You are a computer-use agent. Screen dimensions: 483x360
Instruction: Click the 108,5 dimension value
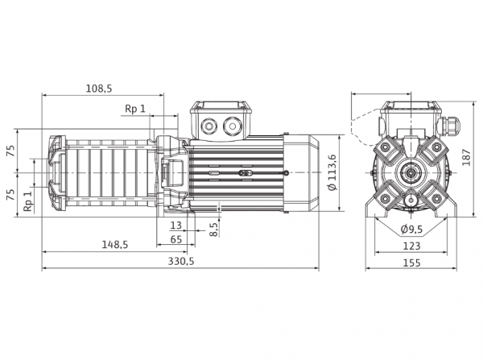99,89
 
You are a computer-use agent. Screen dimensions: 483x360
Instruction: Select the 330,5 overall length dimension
181,262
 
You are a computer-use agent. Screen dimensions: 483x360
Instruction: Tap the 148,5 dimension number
114,245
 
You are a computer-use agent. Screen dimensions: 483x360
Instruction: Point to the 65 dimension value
175,239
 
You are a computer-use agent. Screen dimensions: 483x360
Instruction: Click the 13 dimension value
175,226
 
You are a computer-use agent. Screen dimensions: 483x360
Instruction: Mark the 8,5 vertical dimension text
214,230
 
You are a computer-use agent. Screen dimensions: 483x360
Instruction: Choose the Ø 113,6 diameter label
332,172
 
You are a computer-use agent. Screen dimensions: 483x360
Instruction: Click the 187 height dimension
467,158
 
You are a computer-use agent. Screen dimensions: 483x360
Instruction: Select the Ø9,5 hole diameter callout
411,229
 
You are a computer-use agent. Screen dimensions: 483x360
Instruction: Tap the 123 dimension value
411,246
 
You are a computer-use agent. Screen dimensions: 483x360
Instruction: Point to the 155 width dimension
411,263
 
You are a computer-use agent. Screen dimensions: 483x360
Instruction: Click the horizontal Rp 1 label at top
134,109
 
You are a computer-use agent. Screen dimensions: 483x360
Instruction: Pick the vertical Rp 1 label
28,201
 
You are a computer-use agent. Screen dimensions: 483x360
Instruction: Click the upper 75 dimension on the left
10,151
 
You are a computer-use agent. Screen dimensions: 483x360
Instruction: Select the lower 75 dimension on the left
10,194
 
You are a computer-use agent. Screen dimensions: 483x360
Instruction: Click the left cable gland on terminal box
209,126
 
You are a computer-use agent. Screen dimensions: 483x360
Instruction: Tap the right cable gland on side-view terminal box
233,126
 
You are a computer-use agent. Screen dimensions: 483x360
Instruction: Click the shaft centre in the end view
411,172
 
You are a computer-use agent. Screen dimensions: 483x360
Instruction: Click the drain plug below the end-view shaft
411,201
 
